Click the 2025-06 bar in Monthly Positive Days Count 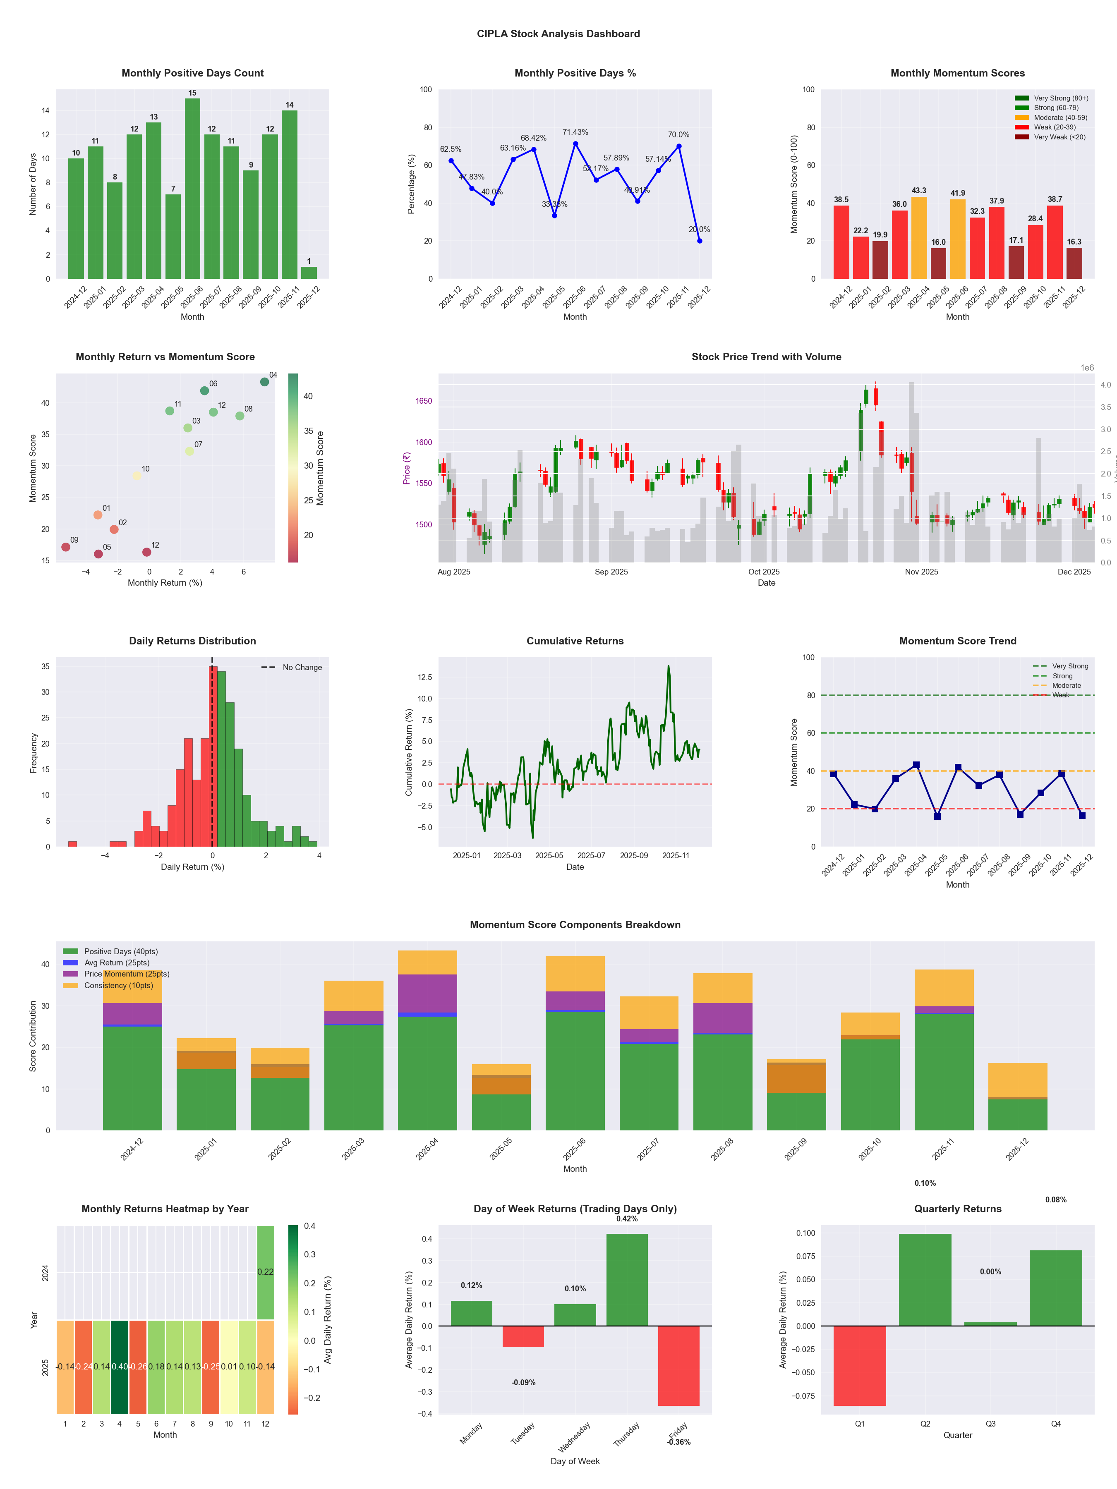[x=192, y=189]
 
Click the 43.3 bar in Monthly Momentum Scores [x=918, y=238]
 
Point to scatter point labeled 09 [x=65, y=547]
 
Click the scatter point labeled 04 [x=265, y=382]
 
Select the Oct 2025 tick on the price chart [x=764, y=572]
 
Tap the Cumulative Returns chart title [x=575, y=641]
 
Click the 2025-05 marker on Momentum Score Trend [x=937, y=816]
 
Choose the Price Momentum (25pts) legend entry [x=126, y=974]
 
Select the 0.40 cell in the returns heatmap [x=120, y=1367]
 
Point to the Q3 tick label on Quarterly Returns [x=990, y=1424]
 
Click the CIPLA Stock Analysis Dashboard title [x=558, y=34]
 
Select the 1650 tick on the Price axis [x=424, y=401]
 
